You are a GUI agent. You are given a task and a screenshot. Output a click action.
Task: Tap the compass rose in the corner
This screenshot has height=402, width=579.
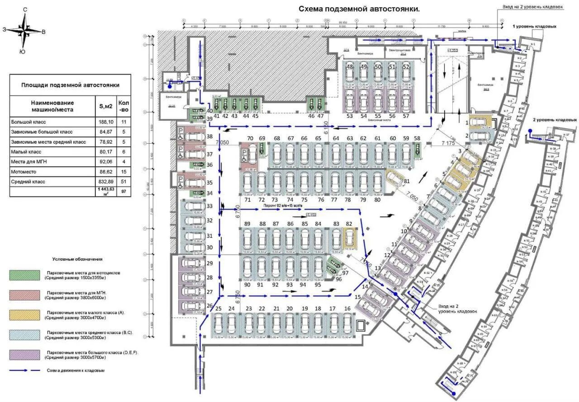(25, 31)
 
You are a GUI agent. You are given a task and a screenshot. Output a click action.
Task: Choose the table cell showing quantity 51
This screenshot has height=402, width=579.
(123, 182)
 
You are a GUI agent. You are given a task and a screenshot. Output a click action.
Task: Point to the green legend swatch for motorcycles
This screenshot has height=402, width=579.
(25, 276)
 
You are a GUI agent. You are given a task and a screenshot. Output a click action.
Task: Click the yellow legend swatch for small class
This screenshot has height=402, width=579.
(25, 315)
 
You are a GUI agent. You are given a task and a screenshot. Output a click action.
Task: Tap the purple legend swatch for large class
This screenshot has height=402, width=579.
(25, 355)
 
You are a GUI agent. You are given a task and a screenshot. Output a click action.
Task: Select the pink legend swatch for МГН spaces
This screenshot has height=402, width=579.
(25, 295)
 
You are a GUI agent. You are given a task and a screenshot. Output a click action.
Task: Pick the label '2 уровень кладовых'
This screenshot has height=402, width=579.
(555, 120)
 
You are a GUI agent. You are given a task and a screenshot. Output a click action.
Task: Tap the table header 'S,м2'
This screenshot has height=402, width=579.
(105, 106)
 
